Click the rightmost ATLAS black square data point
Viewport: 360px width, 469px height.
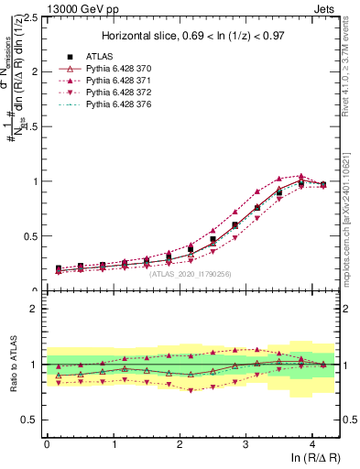pyautogui.click(x=322, y=185)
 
